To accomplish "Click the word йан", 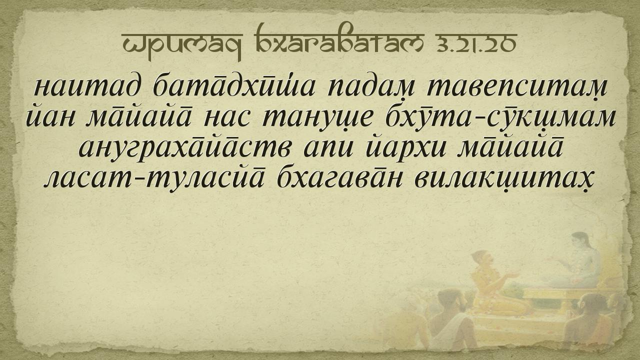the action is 51,117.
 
